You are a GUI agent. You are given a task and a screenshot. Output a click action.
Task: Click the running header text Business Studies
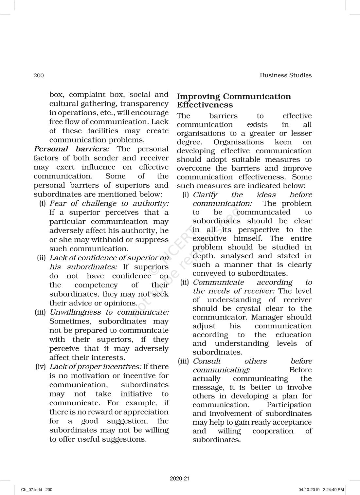tap(285, 75)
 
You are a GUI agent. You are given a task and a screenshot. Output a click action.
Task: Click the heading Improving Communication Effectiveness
tap(234, 101)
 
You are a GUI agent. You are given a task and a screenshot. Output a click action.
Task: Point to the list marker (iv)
tap(41, 367)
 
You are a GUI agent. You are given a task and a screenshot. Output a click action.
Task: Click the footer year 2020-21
tap(180, 479)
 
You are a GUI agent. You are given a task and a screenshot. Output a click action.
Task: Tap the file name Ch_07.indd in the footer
tap(30, 490)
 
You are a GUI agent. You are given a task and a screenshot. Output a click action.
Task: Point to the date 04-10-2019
tap(309, 490)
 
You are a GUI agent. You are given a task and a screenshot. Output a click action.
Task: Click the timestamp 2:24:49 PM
tap(333, 490)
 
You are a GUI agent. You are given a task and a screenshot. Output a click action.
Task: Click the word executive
tap(209, 239)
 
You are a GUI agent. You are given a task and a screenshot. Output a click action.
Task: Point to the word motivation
tap(90, 376)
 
